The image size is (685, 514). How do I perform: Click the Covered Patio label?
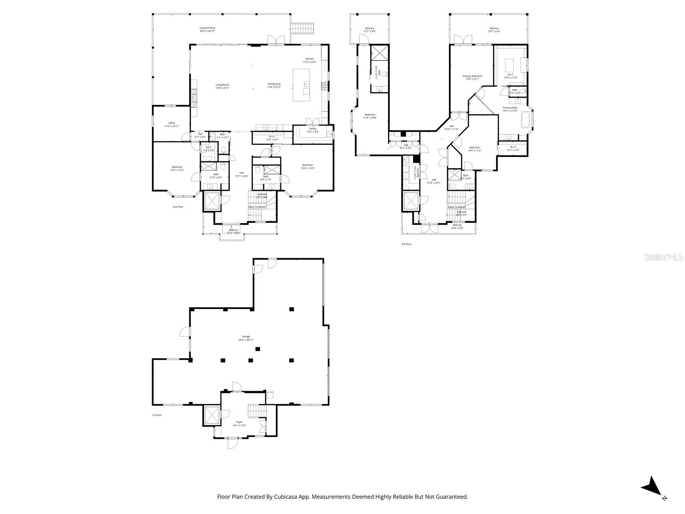pos(207,29)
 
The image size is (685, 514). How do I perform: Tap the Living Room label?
pos(222,86)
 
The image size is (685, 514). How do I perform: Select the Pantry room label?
pos(312,130)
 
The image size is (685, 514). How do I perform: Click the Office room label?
pos(171,124)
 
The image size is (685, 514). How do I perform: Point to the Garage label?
pos(246,338)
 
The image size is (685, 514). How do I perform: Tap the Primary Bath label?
pos(510,109)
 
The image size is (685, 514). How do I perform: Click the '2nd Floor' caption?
pos(178,207)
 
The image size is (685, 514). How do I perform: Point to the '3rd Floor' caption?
pos(406,244)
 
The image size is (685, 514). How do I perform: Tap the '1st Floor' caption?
pos(157,415)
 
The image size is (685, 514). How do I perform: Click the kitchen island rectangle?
pos(301,85)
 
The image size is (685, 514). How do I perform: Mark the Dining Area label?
pos(274,86)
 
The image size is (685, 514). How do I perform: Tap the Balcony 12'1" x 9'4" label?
pos(369,30)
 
